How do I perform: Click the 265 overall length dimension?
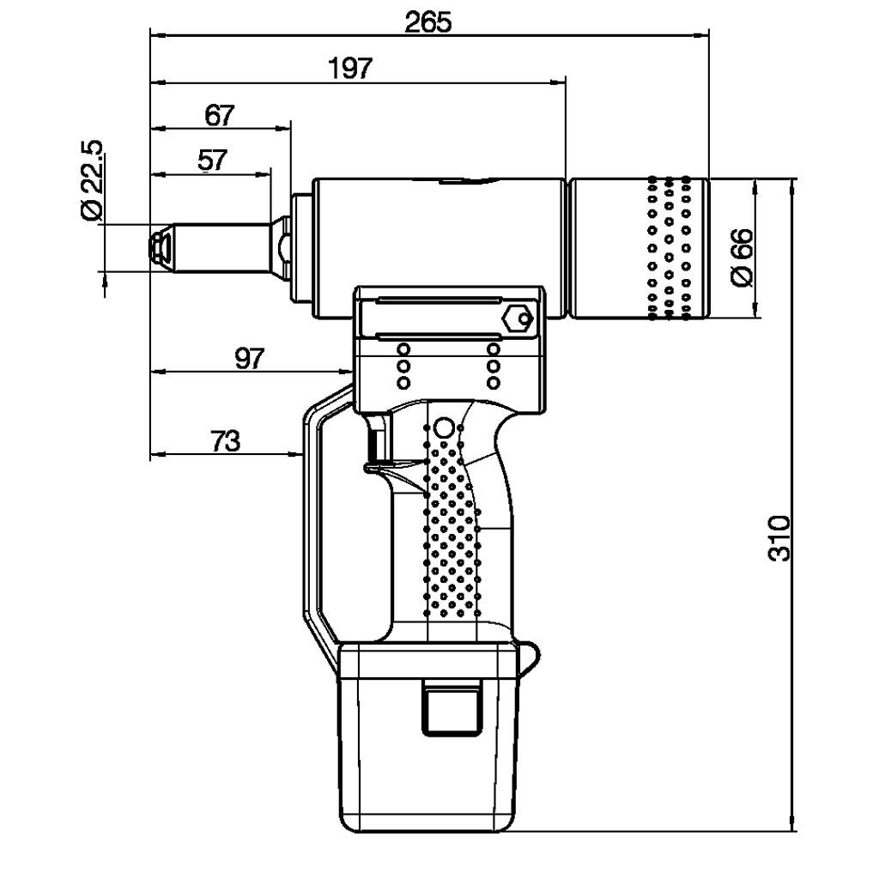click(x=427, y=21)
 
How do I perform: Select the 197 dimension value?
click(x=350, y=69)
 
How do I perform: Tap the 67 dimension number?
click(x=219, y=116)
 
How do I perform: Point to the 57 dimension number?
click(x=213, y=161)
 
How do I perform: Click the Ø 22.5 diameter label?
click(x=92, y=179)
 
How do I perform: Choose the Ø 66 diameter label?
click(x=743, y=258)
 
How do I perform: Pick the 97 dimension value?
click(x=249, y=358)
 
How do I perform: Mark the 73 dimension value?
click(x=226, y=440)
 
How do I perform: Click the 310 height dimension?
click(x=779, y=537)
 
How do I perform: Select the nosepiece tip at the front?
click(x=160, y=248)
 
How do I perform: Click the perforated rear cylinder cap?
click(x=639, y=248)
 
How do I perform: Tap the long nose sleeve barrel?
click(x=221, y=248)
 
